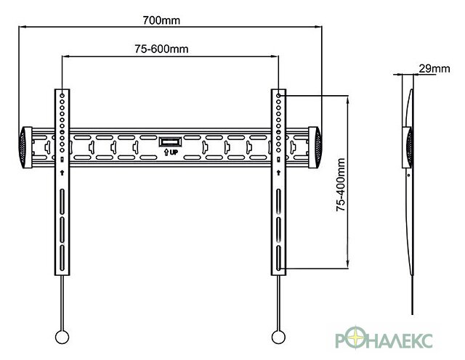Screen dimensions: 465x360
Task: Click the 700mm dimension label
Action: (161, 20)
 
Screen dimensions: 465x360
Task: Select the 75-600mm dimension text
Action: (161, 49)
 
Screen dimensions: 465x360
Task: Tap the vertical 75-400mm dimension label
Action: (341, 184)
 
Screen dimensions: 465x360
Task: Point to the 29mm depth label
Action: (434, 69)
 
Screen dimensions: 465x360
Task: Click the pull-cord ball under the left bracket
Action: (62, 337)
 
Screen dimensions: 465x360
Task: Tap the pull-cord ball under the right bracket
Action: (278, 337)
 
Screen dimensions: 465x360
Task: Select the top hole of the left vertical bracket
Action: (62, 96)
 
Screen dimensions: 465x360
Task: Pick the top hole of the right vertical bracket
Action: (278, 96)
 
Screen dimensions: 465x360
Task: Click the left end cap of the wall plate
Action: (25, 147)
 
